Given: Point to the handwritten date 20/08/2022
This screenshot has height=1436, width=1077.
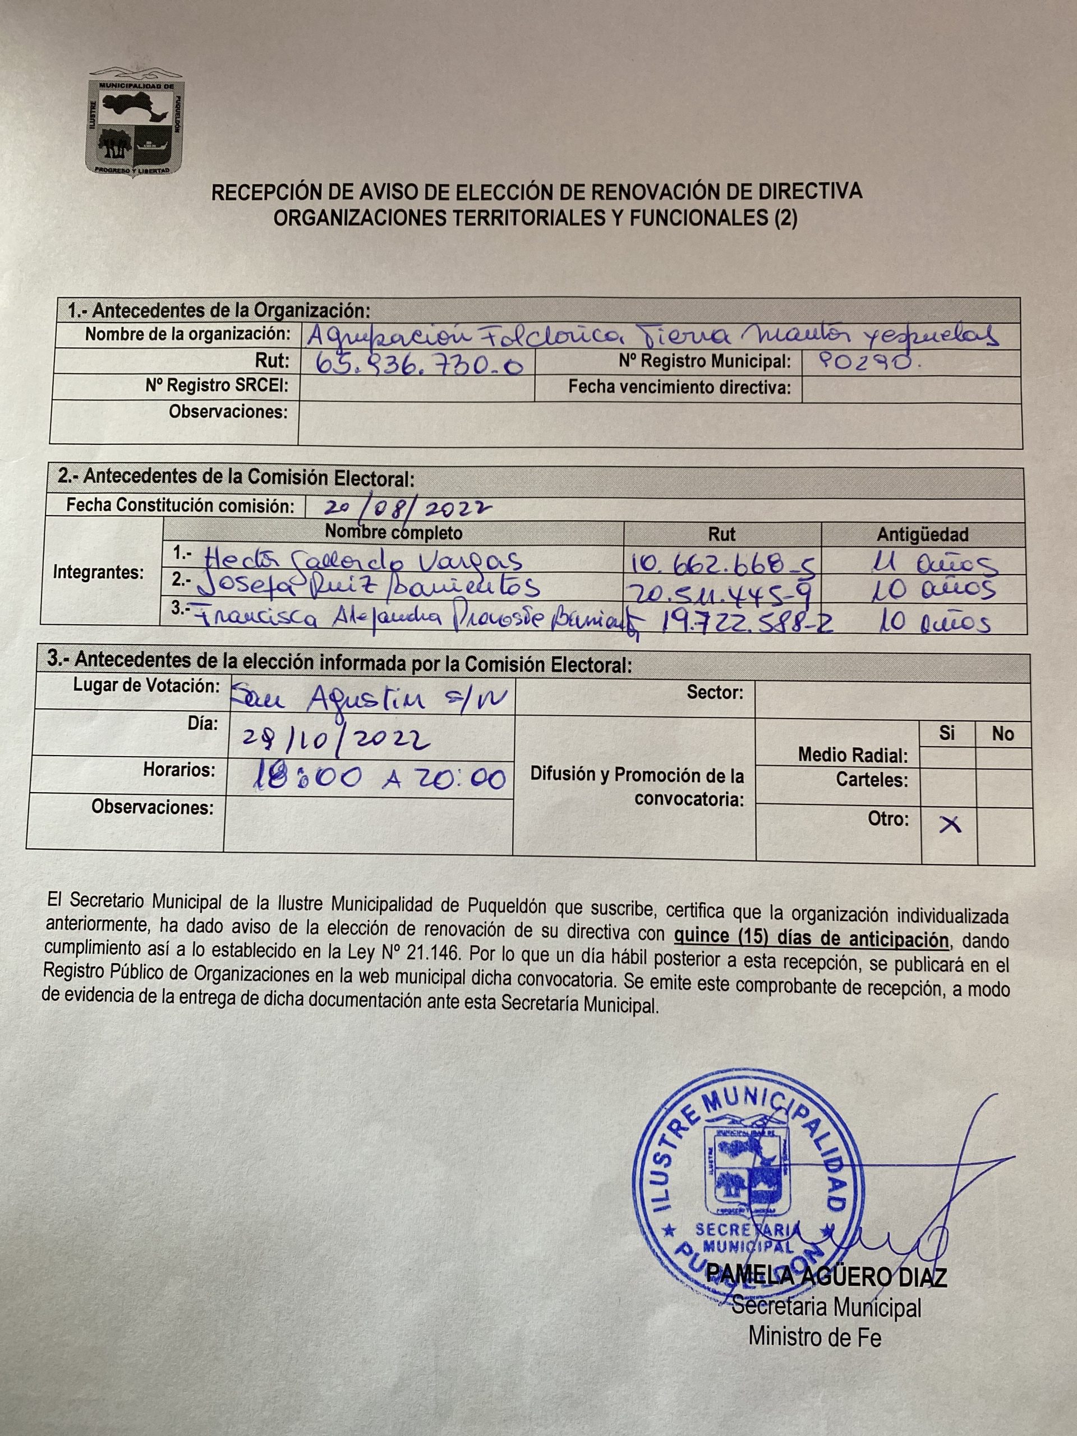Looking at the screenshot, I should pyautogui.click(x=408, y=507).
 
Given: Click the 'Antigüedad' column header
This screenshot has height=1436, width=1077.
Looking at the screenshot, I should pyautogui.click(x=923, y=534).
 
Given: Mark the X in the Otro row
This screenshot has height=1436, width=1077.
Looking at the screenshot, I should pyautogui.click(x=950, y=825).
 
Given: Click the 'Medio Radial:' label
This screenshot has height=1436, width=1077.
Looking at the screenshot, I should pyautogui.click(x=853, y=755).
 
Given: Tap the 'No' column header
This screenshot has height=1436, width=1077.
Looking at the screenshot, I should pyautogui.click(x=1002, y=734).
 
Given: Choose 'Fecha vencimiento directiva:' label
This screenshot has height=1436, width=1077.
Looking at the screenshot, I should pyautogui.click(x=680, y=387).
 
